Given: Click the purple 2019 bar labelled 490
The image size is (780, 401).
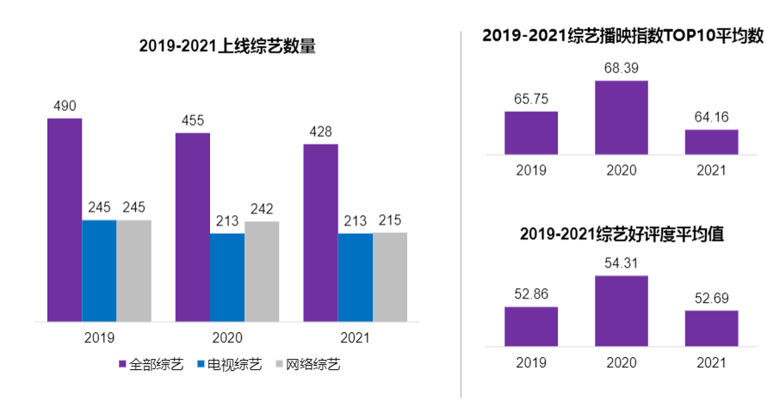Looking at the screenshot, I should coord(65,219).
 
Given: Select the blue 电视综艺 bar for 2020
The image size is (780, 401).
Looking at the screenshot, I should coord(226,277).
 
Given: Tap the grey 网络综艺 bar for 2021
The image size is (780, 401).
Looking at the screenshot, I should coord(390,276).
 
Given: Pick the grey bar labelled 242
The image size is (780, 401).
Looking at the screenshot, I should coord(262,271).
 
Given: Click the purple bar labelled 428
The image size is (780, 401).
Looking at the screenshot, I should coord(320,232).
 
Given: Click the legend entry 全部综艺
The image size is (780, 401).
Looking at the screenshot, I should coord(152,365).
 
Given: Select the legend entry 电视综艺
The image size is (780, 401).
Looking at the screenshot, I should coord(230,365).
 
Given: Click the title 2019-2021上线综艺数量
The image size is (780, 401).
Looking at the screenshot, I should coord(227,46).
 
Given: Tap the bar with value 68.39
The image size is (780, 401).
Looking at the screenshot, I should coord(622,118).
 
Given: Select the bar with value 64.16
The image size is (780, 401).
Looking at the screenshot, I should coord(711,142).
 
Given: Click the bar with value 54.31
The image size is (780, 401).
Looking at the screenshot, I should coord(622,311).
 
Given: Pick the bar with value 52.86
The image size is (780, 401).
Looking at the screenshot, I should coord(531,326).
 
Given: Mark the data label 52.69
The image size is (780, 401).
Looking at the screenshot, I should coord(711,298).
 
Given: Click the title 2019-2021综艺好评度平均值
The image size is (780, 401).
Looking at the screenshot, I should coord(622,235).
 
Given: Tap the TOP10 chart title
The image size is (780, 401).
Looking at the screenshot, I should coord(623,36).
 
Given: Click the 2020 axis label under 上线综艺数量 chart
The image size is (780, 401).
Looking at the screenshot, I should coord(226,337).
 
